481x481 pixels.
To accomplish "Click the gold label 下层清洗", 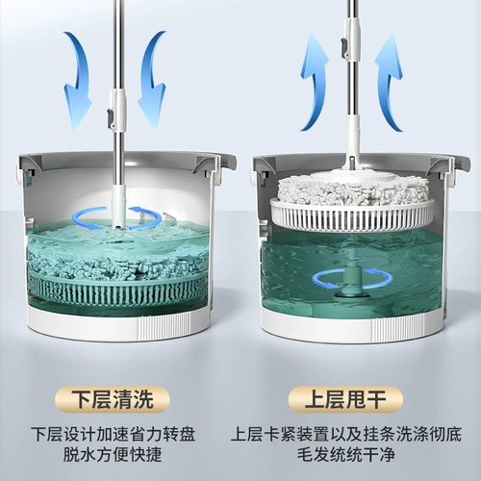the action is click(112, 400).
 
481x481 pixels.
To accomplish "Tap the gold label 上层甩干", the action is click(345, 400).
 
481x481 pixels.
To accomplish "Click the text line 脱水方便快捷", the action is click(113, 455).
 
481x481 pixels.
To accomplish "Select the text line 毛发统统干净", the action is click(345, 455).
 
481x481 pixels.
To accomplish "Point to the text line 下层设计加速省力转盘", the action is click(114, 434).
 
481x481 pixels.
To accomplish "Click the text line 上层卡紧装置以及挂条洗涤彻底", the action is click(346, 434).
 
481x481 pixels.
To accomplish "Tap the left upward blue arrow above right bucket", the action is click(316, 82).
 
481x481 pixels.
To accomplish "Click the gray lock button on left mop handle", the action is click(111, 117).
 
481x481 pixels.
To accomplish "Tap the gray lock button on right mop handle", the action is click(343, 45).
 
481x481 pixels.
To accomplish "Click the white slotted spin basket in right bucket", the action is click(352, 214).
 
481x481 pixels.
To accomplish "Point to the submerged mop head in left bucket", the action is click(115, 263).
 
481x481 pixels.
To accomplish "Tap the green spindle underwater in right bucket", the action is click(352, 276).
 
